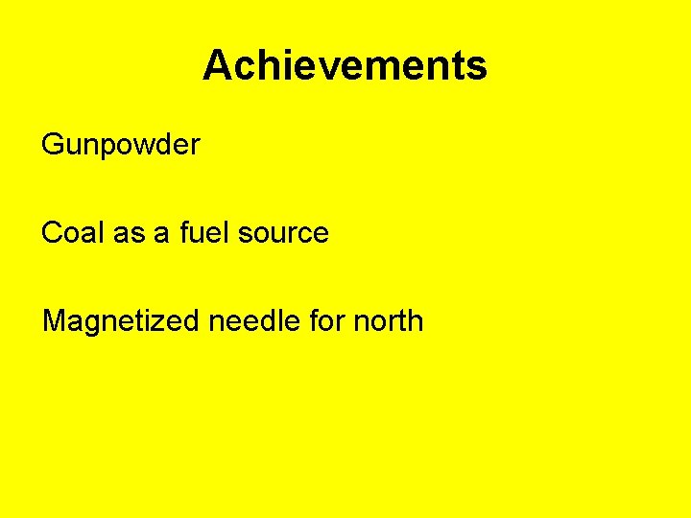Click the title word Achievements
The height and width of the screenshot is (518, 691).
pyautogui.click(x=345, y=66)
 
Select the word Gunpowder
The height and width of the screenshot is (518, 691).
pyautogui.click(x=121, y=146)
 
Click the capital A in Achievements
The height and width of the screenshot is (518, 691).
pyautogui.click(x=216, y=66)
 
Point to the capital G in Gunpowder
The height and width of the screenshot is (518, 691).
pyautogui.click(x=53, y=146)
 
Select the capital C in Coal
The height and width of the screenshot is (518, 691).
pyautogui.click(x=52, y=232)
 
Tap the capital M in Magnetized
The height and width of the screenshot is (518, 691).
pyautogui.click(x=55, y=320)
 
